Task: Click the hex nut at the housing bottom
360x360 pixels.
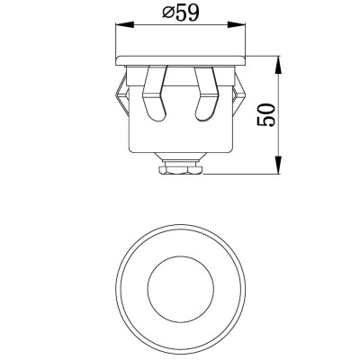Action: click(183, 166)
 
